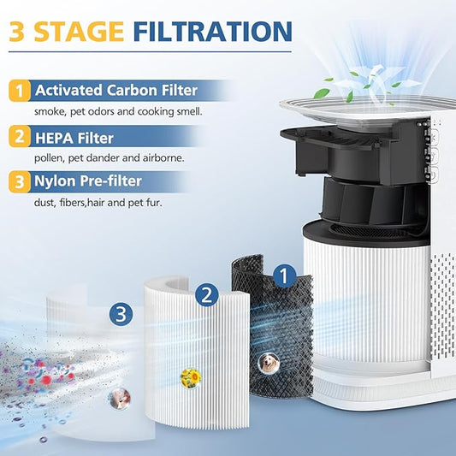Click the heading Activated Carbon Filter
[x=115, y=90]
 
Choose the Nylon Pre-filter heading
[x=93, y=181]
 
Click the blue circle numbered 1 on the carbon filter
[x=284, y=275]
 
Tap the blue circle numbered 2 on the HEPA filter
[x=205, y=295]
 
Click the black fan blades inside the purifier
[x=363, y=204]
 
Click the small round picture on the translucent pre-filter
[x=117, y=396]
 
